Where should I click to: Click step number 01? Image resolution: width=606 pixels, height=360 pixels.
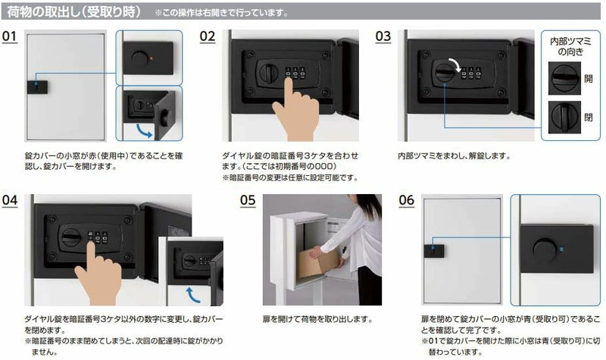click(x=10, y=36)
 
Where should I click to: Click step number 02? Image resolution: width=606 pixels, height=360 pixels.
click(x=207, y=36)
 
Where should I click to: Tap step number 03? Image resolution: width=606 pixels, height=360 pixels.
click(x=383, y=36)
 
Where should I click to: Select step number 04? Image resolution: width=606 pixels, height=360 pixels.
click(x=10, y=200)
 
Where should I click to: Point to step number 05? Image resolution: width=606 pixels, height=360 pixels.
click(x=248, y=200)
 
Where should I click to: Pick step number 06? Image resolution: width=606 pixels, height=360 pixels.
click(x=407, y=200)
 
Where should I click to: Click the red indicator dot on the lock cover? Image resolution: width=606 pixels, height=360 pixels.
click(x=151, y=58)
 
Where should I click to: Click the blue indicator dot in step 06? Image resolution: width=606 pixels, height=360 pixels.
click(x=561, y=249)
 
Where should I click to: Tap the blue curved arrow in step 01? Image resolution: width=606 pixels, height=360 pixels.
click(x=144, y=131)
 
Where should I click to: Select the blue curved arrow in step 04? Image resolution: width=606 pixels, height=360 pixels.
click(x=192, y=295)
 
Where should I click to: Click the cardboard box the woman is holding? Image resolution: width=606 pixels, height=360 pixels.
click(x=318, y=263)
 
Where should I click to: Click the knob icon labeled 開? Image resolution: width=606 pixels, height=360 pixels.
click(x=564, y=79)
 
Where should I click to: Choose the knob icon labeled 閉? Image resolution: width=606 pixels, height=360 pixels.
click(x=564, y=117)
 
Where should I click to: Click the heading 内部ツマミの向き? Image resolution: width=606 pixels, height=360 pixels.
click(x=570, y=46)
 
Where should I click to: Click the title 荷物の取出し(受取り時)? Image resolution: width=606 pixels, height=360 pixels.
click(x=73, y=12)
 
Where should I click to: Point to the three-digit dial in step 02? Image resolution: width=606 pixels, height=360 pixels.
click(x=295, y=73)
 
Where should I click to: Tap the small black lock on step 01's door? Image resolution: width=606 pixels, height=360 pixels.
click(x=37, y=87)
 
